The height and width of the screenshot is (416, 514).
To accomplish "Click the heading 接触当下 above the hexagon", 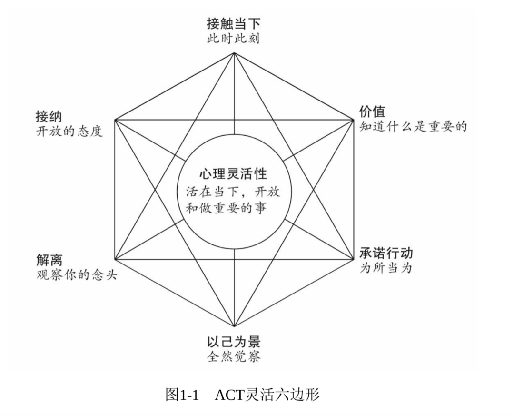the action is (x=234, y=24).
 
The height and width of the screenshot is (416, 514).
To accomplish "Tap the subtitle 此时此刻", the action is (x=233, y=39).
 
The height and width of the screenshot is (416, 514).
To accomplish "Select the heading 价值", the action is (x=372, y=112).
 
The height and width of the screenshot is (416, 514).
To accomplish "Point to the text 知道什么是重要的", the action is (x=413, y=127).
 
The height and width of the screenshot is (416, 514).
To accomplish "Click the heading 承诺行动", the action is (x=386, y=253).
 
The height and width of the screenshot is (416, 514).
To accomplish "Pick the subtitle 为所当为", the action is (x=385, y=268).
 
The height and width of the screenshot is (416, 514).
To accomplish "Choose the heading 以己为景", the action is (x=234, y=342).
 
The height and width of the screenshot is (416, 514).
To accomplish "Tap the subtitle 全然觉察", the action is (x=234, y=357).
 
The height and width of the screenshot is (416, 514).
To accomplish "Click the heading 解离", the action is (x=49, y=260).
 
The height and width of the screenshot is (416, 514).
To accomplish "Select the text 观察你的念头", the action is (x=76, y=275).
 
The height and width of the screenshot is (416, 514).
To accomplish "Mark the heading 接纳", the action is (x=49, y=117).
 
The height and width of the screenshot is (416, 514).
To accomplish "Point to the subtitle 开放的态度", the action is (x=69, y=132).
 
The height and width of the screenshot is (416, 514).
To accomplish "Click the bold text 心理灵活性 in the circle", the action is (x=233, y=174).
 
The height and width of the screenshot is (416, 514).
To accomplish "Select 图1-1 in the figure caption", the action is (x=182, y=395).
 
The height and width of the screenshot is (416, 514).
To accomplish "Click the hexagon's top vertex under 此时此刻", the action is (x=234, y=52).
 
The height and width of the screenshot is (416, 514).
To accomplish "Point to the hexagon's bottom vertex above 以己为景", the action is (x=234, y=327).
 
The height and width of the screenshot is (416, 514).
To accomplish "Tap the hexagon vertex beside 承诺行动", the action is (x=353, y=259).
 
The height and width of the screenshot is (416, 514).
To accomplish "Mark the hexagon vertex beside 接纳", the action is (x=115, y=120).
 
